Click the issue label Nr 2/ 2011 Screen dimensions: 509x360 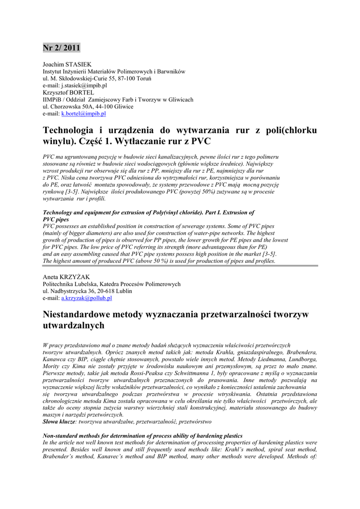click(x=61, y=48)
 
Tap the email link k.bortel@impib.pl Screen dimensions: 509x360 click(x=84, y=113)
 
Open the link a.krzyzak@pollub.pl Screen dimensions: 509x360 click(x=87, y=298)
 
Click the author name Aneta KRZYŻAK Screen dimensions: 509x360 click(x=66, y=277)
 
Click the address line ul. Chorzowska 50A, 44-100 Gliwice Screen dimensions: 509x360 click(x=88, y=106)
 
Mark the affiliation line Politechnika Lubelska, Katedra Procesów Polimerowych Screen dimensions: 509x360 click(x=111, y=284)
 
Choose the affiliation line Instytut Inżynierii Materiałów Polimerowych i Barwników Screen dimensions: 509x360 click(x=114, y=72)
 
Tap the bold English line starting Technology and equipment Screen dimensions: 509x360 click(x=149, y=212)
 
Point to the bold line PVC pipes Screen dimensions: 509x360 click(x=56, y=219)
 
